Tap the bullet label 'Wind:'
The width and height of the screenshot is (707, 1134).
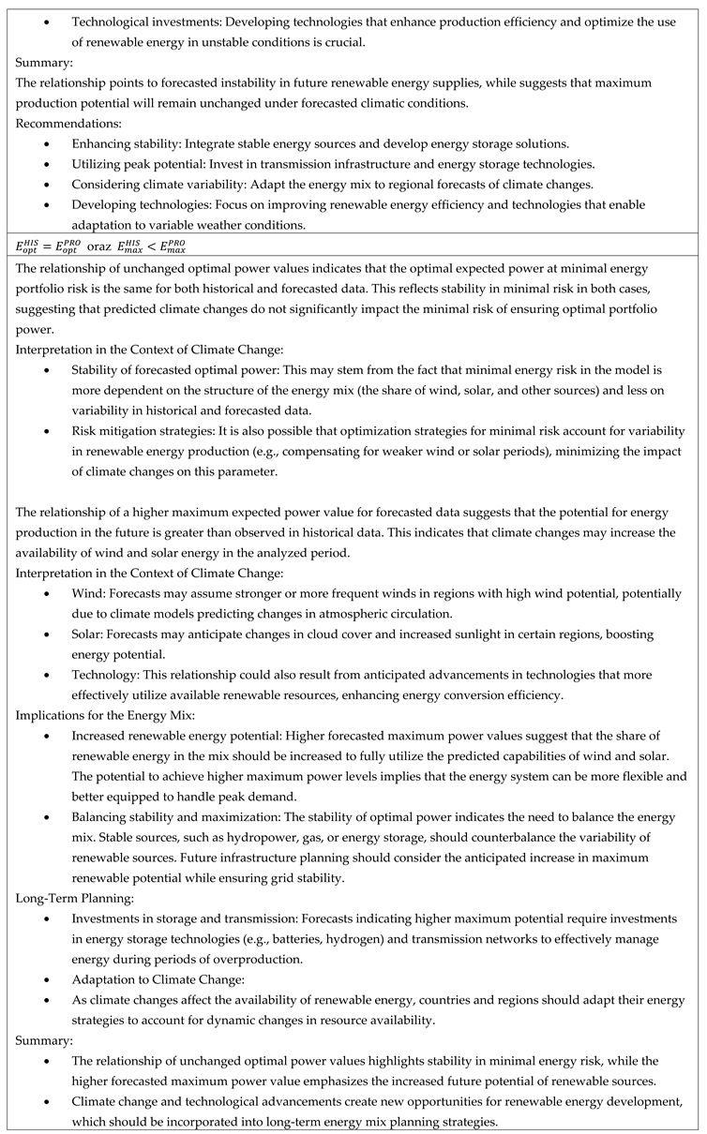[x=89, y=594]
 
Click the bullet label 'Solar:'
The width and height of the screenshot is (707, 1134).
[x=89, y=634]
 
